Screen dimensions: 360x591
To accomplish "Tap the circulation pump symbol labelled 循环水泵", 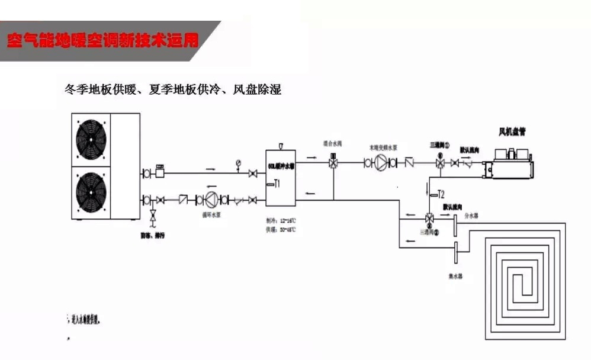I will pyautogui.click(x=211, y=200).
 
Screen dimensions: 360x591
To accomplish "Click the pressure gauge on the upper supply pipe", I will pyautogui.click(x=238, y=163).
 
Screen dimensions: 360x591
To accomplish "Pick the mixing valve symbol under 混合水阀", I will pyautogui.click(x=333, y=162).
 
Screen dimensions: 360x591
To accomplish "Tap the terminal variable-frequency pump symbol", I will pyautogui.click(x=383, y=162).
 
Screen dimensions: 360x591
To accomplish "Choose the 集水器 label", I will pyautogui.click(x=455, y=275).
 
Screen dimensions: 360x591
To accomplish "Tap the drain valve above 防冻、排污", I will pyautogui.click(x=154, y=216).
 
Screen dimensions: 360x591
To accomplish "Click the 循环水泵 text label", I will pyautogui.click(x=211, y=217).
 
